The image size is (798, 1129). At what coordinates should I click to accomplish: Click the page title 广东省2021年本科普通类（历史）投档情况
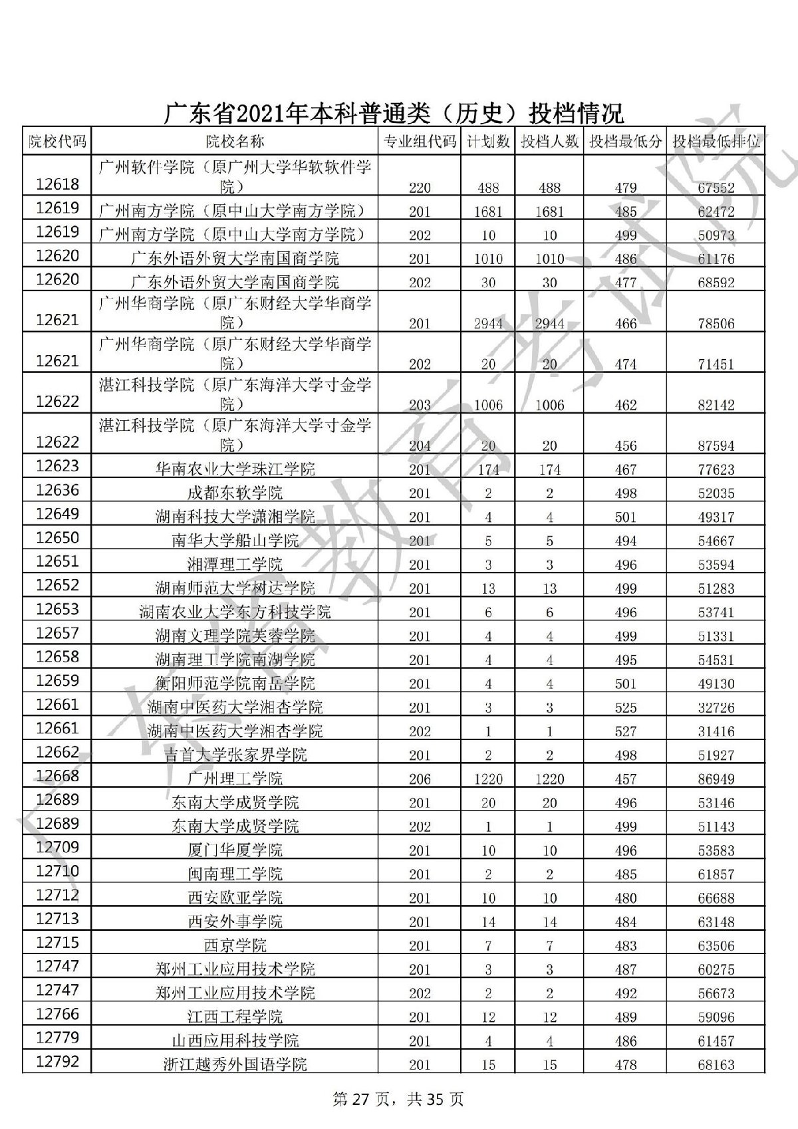pyautogui.click(x=394, y=113)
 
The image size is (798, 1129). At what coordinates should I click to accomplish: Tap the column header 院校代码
pyautogui.click(x=57, y=141)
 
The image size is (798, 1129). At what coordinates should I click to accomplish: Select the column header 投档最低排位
pyautogui.click(x=716, y=141)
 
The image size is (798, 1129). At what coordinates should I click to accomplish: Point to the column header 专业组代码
pyautogui.click(x=420, y=141)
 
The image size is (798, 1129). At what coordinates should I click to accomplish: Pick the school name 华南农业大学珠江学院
pyautogui.click(x=235, y=469)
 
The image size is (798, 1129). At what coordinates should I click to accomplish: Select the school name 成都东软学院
pyautogui.click(x=235, y=493)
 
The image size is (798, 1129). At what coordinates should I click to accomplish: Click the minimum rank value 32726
pyautogui.click(x=716, y=707)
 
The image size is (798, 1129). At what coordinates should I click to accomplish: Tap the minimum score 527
pyautogui.click(x=625, y=731)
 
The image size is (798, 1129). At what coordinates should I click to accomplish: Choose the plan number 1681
pyautogui.click(x=488, y=212)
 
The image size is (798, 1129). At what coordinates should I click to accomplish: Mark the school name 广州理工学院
pyautogui.click(x=235, y=779)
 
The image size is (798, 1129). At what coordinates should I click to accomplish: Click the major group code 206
pyautogui.click(x=420, y=779)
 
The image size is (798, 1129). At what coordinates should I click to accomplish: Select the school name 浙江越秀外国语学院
pyautogui.click(x=235, y=1065)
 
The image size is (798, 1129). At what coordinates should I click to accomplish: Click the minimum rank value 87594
pyautogui.click(x=716, y=445)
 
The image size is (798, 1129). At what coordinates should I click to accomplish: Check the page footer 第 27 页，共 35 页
pyautogui.click(x=398, y=1099)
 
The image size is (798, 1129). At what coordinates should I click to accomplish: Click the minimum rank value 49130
pyautogui.click(x=716, y=684)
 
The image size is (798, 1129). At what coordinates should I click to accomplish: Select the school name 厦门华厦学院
pyautogui.click(x=235, y=850)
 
